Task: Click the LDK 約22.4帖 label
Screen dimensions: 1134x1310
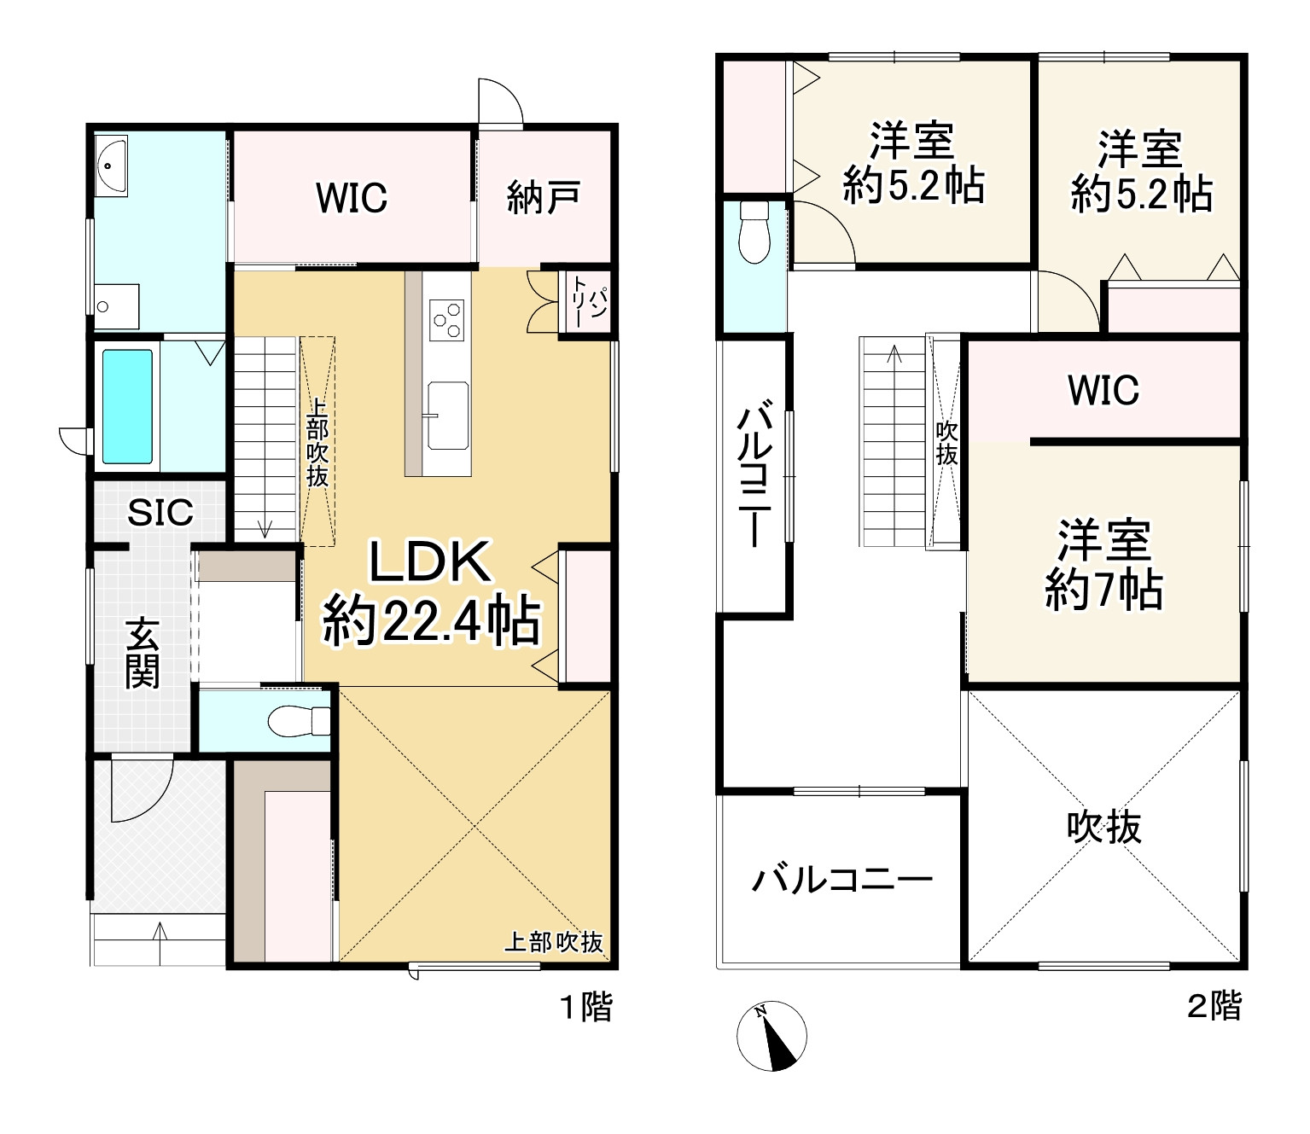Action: [431, 594]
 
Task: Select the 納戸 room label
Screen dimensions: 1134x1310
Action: [544, 197]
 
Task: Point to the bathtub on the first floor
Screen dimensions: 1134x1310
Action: [128, 405]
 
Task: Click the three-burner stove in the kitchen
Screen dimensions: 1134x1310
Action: [447, 319]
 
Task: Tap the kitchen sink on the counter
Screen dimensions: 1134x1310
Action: [447, 416]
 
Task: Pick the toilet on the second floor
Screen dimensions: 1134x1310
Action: [754, 233]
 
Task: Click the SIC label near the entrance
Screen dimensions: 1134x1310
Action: [160, 512]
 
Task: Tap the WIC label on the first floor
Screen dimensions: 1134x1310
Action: [352, 198]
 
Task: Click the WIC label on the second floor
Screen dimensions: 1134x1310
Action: [1103, 390]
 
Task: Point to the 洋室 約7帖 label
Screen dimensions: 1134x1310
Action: [1103, 564]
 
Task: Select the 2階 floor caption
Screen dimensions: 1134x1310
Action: [1214, 1007]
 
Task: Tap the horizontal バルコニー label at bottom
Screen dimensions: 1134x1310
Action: [841, 880]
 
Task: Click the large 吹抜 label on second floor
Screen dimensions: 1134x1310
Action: [1103, 827]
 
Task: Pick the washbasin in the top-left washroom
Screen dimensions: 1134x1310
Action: [112, 164]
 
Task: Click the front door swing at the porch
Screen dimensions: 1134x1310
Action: [141, 789]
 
